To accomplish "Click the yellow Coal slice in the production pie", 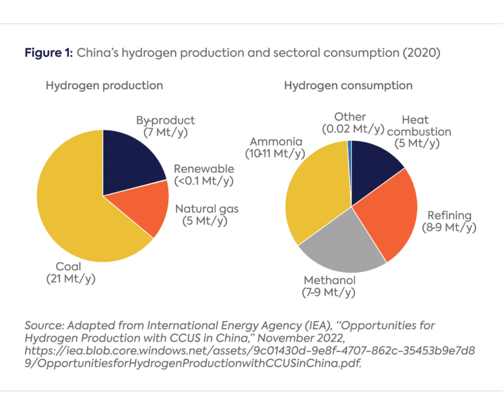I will pos(72,210).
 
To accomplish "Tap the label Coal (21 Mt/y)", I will pos(71,273).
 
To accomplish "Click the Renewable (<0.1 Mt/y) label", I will pos(204,175).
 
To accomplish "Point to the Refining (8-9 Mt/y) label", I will pos(449,222).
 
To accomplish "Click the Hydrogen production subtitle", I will pos(104,86).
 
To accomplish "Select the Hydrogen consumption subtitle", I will pos(348,86).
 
